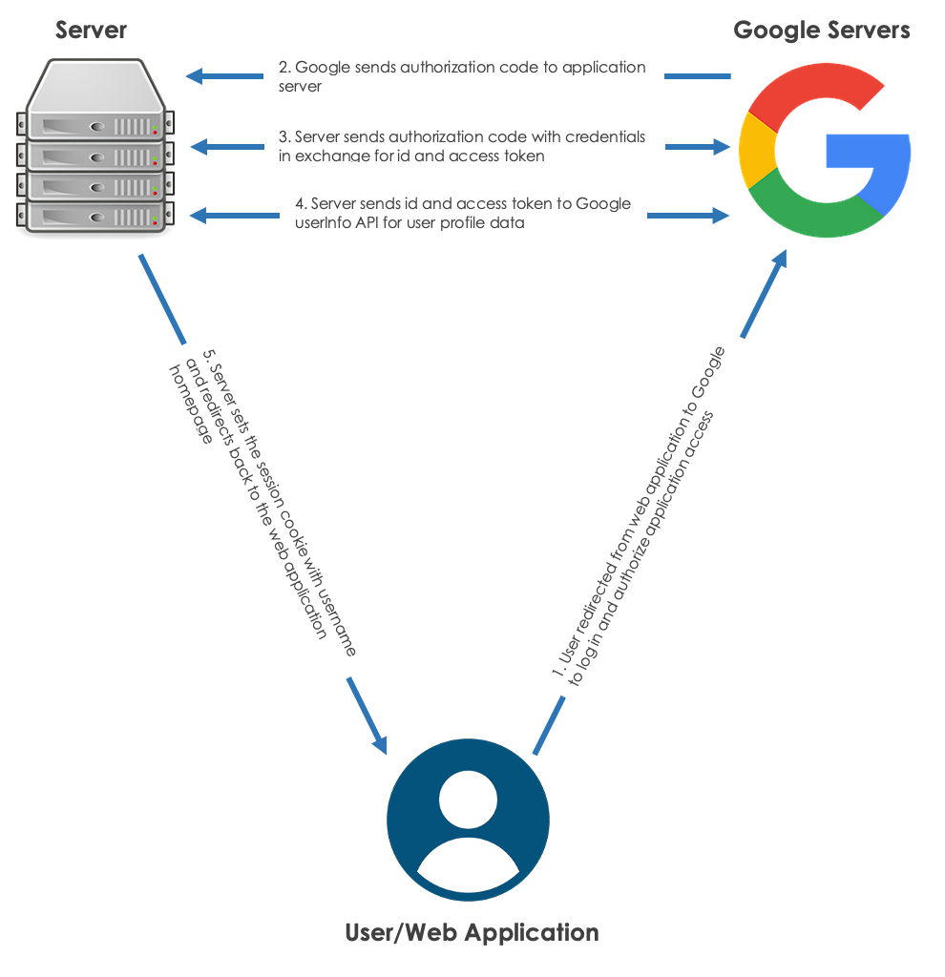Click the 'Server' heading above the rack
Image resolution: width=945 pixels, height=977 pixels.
(91, 31)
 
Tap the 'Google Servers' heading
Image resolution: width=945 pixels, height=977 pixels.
(821, 31)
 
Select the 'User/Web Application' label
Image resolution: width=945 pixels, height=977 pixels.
(472, 932)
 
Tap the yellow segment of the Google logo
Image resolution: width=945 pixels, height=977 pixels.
(756, 153)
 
